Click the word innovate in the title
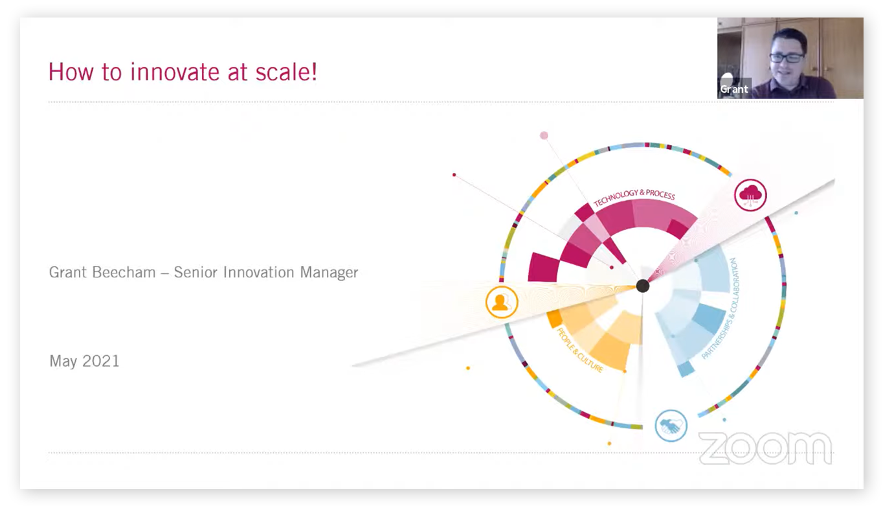point(175,72)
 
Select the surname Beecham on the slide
point(124,272)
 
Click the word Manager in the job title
point(329,272)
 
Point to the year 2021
point(101,361)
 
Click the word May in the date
point(63,362)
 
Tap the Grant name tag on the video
point(734,89)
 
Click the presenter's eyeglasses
point(787,58)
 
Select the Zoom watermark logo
point(765,448)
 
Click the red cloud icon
point(750,195)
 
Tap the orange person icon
point(502,302)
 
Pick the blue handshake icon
point(671,426)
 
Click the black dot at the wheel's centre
point(643,286)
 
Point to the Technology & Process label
point(634,196)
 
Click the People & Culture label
point(579,351)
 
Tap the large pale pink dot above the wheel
point(544,135)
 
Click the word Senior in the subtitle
point(196,272)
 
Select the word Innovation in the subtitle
point(258,272)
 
